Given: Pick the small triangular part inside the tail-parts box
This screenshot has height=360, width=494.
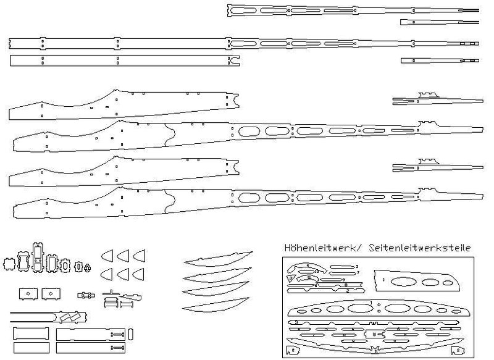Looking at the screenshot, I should coord(290,278).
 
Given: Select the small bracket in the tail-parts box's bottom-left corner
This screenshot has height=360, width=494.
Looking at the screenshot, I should coord(291,351).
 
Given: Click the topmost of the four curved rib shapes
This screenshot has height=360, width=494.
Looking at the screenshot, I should coord(219,259).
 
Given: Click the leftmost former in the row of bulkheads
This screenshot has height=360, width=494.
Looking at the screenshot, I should coord(9,264).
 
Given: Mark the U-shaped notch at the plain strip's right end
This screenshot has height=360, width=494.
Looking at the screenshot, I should coord(236,60).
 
